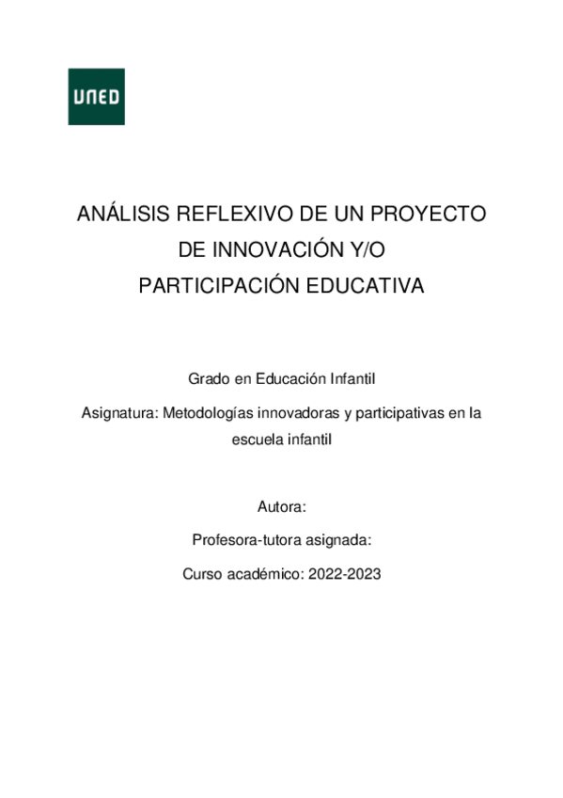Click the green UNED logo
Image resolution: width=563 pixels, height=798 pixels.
[96, 97]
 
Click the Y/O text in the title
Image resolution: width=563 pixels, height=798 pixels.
[367, 250]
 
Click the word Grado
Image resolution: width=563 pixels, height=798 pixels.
[208, 379]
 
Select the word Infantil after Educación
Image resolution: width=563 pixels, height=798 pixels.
[352, 379]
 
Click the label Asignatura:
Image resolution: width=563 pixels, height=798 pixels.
[120, 412]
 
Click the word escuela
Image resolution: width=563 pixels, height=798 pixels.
[255, 439]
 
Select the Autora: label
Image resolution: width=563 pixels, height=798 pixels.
[281, 507]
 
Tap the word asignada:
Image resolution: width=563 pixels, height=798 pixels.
[336, 541]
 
